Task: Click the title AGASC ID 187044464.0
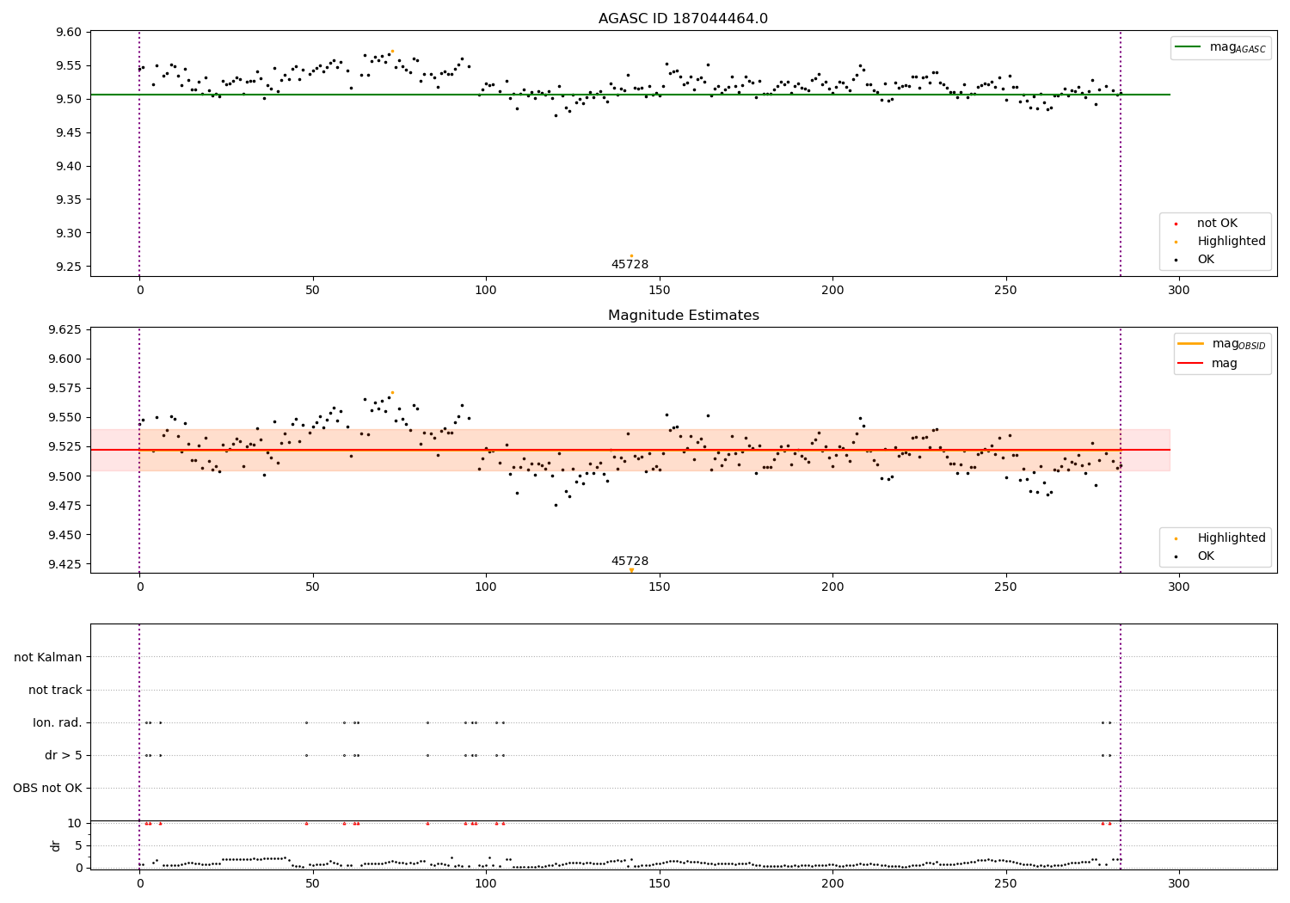point(683,19)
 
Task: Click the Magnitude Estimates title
point(683,316)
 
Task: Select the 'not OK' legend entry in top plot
point(1217,224)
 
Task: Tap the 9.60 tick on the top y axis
point(67,32)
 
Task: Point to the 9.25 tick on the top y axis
point(67,267)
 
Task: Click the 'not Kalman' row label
point(48,658)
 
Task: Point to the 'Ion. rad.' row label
point(58,723)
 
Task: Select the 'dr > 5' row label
point(64,756)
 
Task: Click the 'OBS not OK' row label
point(47,789)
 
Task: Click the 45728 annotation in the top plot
point(630,265)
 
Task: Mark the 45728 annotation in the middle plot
point(630,561)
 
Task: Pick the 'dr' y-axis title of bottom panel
point(56,845)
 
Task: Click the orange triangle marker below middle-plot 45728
point(631,570)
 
